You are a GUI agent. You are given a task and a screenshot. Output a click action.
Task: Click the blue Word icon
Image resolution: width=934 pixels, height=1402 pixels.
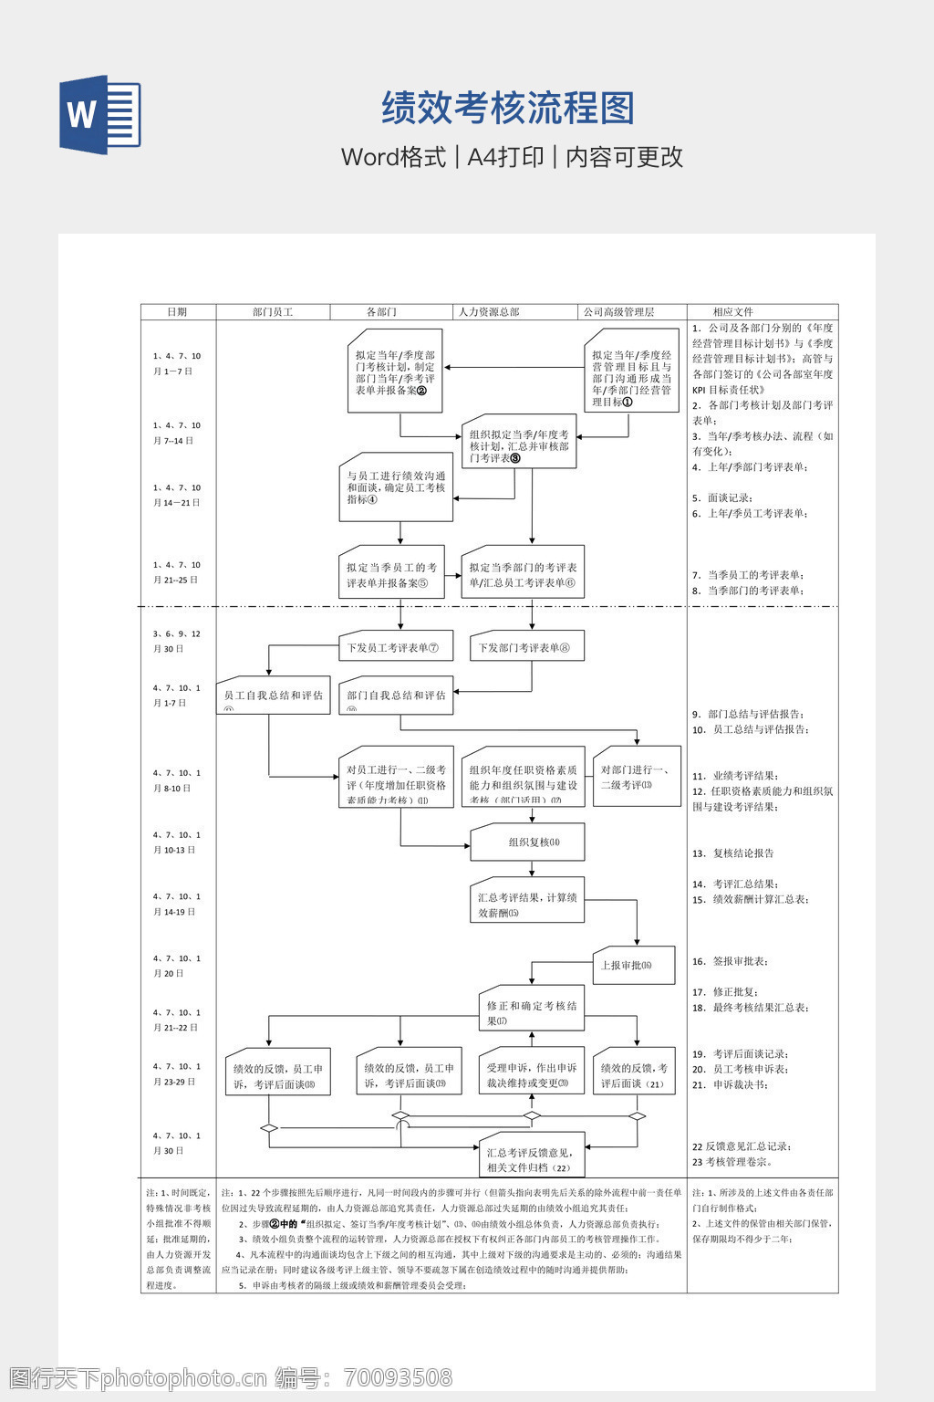click(x=100, y=115)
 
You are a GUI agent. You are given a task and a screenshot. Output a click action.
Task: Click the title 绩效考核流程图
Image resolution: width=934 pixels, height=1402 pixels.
click(x=507, y=109)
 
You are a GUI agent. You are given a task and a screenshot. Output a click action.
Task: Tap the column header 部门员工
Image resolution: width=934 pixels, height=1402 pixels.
click(x=272, y=312)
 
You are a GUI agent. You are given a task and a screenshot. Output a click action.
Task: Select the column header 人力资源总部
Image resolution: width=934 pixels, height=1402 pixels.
click(x=489, y=312)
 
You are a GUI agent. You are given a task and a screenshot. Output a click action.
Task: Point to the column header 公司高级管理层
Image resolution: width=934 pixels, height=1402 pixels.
click(x=619, y=312)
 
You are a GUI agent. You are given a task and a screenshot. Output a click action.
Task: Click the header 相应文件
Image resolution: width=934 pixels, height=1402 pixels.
click(x=733, y=312)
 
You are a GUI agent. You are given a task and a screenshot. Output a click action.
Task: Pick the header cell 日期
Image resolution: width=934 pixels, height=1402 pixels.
click(x=177, y=312)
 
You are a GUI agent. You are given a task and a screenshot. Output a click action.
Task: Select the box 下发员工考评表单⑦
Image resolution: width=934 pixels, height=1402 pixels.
click(x=395, y=647)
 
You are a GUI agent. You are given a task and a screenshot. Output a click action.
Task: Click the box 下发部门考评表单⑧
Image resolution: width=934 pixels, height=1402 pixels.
click(x=526, y=647)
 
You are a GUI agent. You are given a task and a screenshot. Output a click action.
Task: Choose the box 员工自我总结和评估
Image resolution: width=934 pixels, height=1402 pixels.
click(x=273, y=696)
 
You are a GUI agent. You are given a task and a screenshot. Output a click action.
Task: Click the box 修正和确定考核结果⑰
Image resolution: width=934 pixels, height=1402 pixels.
click(x=531, y=1012)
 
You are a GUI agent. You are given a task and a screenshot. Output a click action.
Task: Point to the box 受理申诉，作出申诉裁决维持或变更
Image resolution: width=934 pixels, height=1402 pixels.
click(x=531, y=1075)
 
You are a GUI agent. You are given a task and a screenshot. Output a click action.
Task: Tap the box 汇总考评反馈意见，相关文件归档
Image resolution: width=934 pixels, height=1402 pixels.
click(x=531, y=1159)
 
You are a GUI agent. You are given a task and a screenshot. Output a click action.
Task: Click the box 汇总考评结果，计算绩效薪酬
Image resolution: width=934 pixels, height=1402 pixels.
click(x=527, y=905)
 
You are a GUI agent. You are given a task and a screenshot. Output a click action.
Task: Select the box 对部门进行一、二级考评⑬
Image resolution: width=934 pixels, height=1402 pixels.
click(x=637, y=777)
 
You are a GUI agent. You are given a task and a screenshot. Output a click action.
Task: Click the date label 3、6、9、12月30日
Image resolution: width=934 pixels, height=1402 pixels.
click(x=177, y=641)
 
